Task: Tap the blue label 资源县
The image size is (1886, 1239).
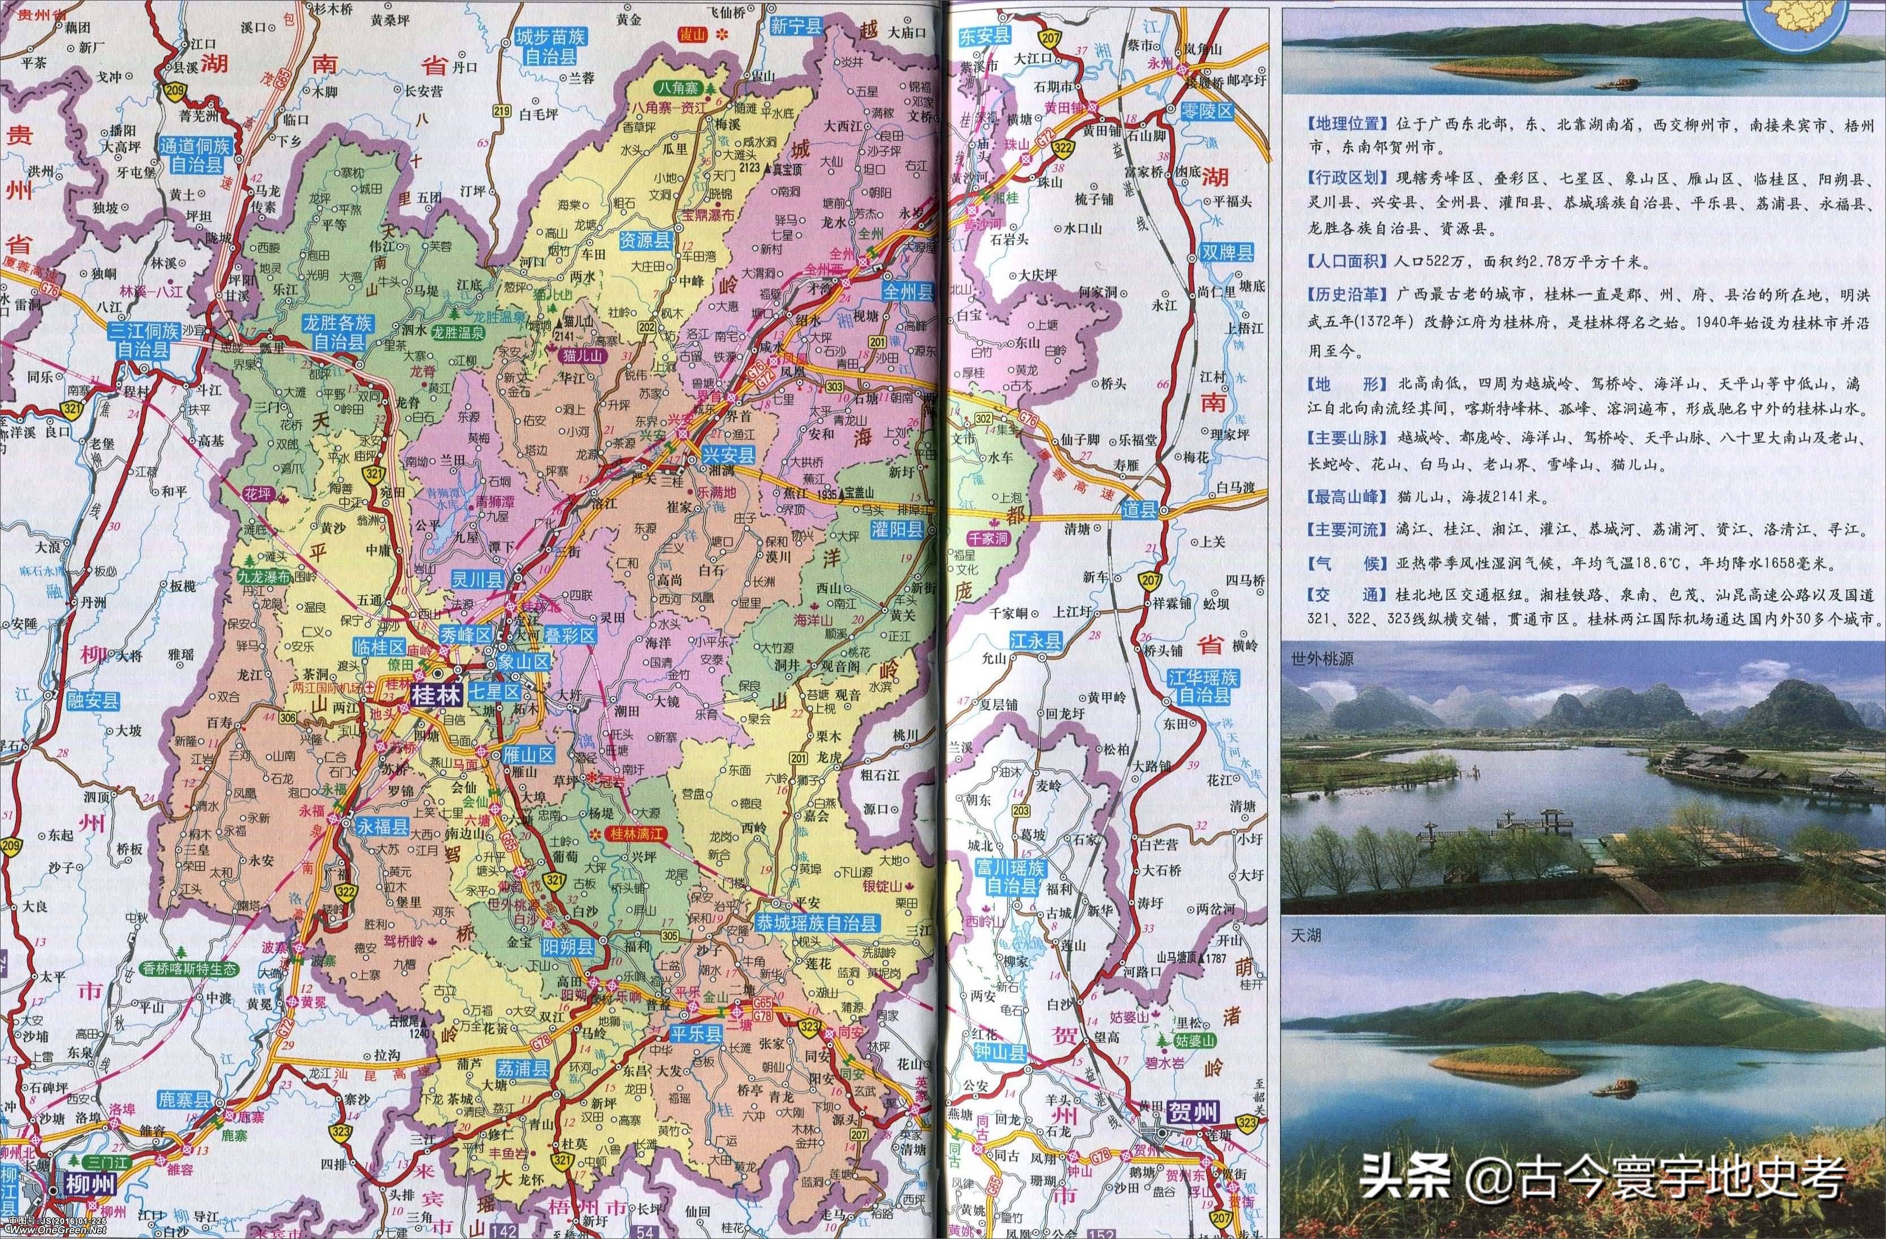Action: pyautogui.click(x=645, y=238)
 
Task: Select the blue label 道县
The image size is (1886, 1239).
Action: pyautogui.click(x=1139, y=510)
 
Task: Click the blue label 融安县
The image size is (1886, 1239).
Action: pyautogui.click(x=93, y=701)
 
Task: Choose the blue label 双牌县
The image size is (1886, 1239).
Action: pyautogui.click(x=1226, y=253)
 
